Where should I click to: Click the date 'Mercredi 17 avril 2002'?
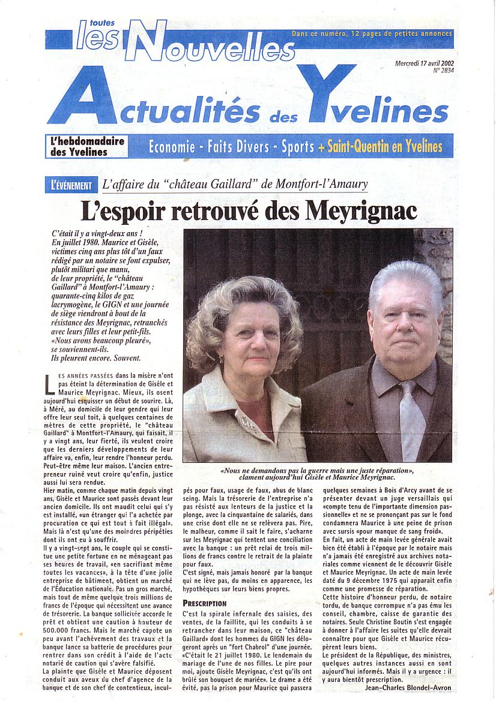click(423, 63)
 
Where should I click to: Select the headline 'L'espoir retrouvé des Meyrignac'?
click(249, 210)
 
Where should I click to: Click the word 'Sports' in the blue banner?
click(298, 146)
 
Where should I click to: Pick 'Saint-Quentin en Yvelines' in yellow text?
click(385, 146)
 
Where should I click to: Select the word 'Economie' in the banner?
click(171, 146)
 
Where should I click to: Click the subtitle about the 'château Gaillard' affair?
click(235, 185)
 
